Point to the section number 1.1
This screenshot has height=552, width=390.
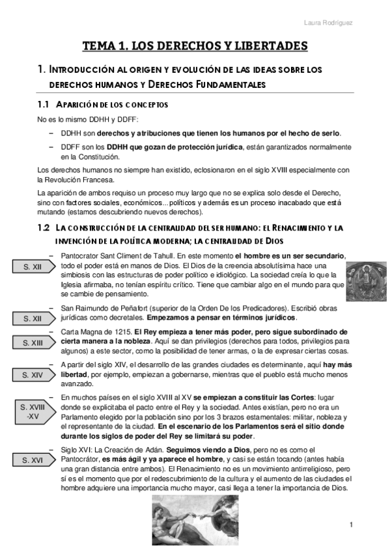[44, 105]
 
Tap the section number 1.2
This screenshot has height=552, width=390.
[44, 228]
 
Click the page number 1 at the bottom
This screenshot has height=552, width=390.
[351, 525]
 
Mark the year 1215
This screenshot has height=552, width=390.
[116, 332]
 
